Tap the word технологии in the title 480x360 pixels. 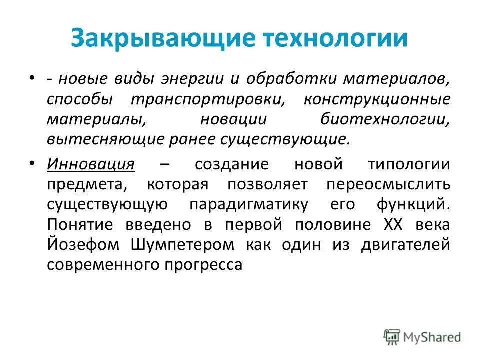coord(328,39)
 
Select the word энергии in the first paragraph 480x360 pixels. coord(189,79)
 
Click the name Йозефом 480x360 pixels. coord(84,245)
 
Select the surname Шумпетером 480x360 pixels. coord(183,245)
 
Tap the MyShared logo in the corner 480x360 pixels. coord(422,336)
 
